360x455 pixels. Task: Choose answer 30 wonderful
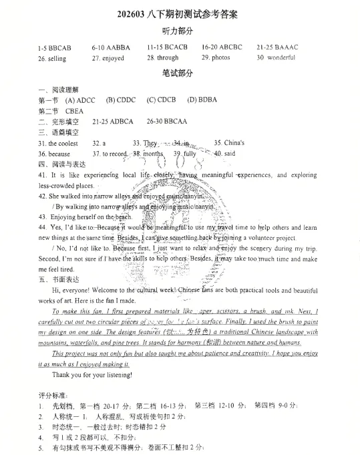pos(276,58)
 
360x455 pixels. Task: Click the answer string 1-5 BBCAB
pos(55,48)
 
